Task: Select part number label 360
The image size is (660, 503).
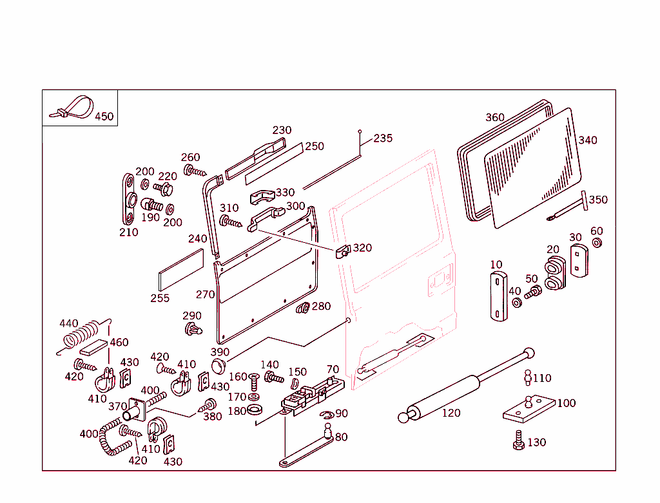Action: click(495, 117)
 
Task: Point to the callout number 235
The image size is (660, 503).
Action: click(383, 138)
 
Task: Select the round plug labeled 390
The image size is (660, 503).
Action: click(218, 367)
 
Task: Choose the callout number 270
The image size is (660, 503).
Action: click(205, 294)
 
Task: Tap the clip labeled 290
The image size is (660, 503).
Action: click(193, 330)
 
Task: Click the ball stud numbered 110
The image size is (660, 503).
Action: click(527, 377)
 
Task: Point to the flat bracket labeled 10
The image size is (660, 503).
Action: click(498, 296)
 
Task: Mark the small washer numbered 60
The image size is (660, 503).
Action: click(596, 243)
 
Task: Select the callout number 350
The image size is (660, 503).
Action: click(597, 200)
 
